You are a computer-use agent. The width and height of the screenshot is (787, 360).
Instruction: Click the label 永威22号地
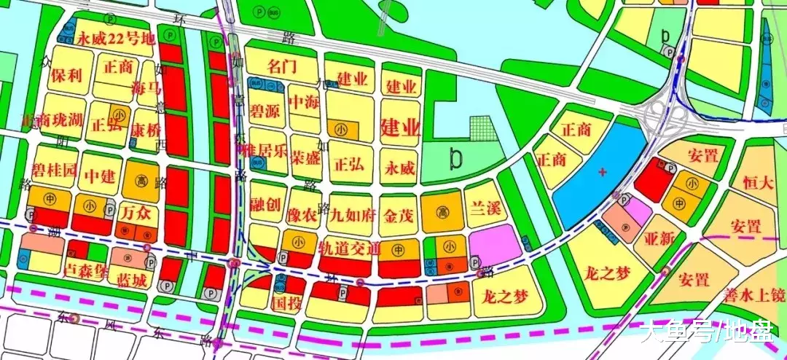point(117,39)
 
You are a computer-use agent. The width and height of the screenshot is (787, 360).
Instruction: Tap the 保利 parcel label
point(65,75)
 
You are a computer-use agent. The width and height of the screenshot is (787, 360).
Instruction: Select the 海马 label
point(145,90)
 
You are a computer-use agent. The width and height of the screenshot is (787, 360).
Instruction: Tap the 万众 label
point(136,214)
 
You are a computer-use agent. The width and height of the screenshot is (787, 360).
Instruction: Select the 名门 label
point(282,67)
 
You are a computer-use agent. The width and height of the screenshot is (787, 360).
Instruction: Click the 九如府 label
point(352,214)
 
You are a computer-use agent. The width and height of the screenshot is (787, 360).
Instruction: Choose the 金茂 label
point(399,214)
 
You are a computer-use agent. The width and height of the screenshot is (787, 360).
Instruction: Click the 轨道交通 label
point(349,248)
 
